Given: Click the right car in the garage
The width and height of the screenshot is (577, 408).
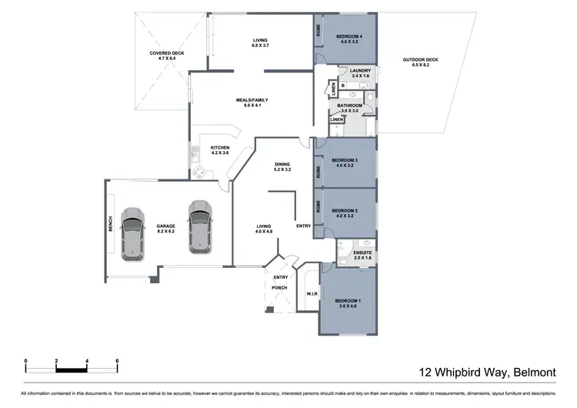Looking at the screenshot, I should [200, 227].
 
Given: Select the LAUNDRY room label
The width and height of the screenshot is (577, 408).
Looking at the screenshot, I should [360, 73].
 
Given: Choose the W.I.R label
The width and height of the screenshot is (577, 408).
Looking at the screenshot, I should [312, 293].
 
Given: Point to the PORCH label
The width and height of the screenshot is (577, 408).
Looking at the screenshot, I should [279, 288].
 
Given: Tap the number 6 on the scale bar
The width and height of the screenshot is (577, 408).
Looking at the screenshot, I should [116, 361].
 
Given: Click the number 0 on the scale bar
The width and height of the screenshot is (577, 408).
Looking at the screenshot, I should [25, 361].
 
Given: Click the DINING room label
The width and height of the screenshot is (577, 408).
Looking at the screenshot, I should [282, 166].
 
